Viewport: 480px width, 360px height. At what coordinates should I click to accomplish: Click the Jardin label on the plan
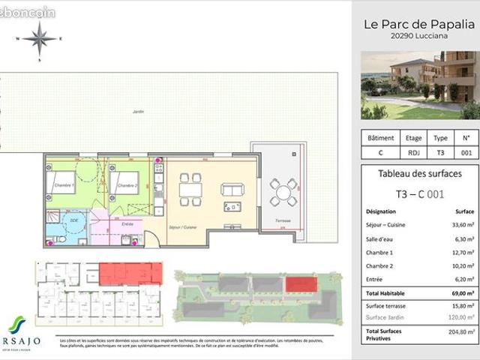(136, 112)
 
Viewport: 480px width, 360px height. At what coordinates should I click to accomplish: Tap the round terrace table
(283, 191)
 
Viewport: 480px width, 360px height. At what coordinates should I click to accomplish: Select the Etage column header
(413, 138)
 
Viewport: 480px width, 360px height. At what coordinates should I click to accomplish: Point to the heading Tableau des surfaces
(418, 174)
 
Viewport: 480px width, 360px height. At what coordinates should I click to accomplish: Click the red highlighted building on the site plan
(300, 283)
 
